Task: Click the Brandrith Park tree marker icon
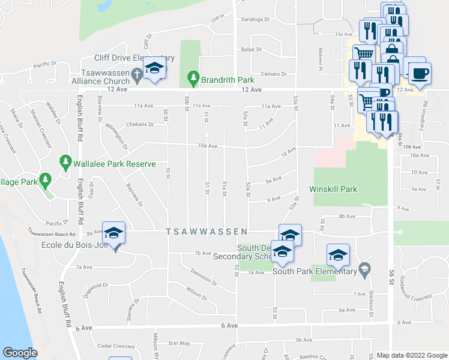[x=193, y=77]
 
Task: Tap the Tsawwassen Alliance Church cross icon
[x=137, y=75]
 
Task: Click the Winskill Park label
[x=333, y=189]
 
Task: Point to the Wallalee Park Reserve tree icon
[x=65, y=162]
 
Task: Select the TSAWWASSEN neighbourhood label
[x=207, y=231]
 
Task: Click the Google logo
[x=20, y=353]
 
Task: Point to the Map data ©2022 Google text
[x=411, y=355]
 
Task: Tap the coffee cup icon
[x=419, y=73]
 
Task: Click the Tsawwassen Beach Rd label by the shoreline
[x=32, y=291]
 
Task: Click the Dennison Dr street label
[x=206, y=277]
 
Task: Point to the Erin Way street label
[x=179, y=343]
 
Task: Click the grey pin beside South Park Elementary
[x=363, y=268]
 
